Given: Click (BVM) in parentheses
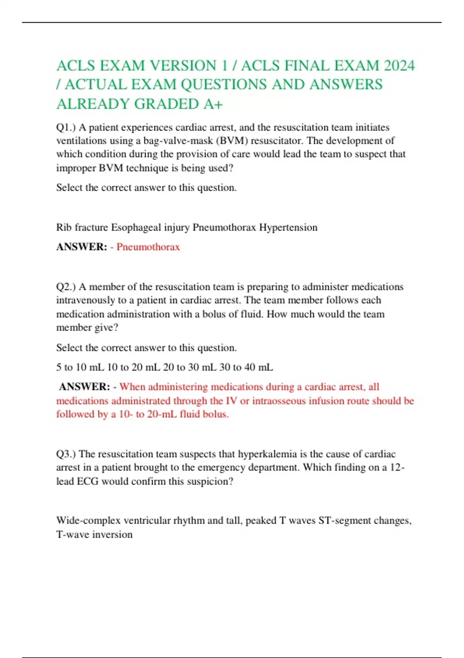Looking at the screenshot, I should pyautogui.click(x=232, y=141).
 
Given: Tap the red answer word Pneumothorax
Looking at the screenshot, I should pyautogui.click(x=148, y=247).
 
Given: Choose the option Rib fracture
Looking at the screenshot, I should pyautogui.click(x=82, y=227).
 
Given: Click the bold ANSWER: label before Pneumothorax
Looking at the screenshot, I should pyautogui.click(x=82, y=247).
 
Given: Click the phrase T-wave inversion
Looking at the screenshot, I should pyautogui.click(x=94, y=535).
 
